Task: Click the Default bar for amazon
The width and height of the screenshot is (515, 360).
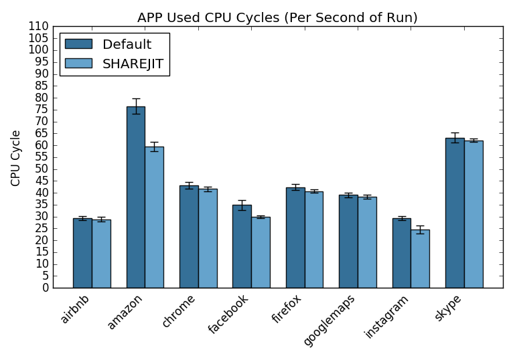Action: click(x=135, y=197)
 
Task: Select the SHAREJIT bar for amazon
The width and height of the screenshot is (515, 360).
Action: click(x=154, y=217)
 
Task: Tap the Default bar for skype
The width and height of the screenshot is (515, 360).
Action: click(x=455, y=213)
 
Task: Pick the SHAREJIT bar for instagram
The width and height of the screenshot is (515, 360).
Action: click(x=420, y=259)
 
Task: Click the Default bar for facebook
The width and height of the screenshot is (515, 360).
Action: click(x=242, y=246)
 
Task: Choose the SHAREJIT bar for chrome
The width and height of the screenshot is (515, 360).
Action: click(x=208, y=238)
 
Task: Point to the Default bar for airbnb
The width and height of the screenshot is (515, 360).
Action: click(x=82, y=253)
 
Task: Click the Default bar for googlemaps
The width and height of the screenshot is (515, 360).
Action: click(x=348, y=242)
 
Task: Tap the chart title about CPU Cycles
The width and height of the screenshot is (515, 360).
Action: click(x=277, y=18)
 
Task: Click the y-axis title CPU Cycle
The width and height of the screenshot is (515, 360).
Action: click(x=16, y=158)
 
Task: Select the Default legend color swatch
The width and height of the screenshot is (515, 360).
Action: click(x=78, y=44)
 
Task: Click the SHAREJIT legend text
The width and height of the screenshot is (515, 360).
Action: click(x=133, y=64)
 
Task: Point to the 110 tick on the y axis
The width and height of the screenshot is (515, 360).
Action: click(x=39, y=27)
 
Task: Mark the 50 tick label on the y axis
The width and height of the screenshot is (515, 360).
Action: click(x=42, y=169)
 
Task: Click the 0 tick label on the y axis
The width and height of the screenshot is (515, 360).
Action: click(x=45, y=288)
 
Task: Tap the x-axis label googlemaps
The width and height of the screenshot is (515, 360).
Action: click(x=329, y=319)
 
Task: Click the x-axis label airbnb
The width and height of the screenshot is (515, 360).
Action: click(x=75, y=308)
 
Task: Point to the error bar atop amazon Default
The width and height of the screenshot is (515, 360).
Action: click(x=135, y=106)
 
